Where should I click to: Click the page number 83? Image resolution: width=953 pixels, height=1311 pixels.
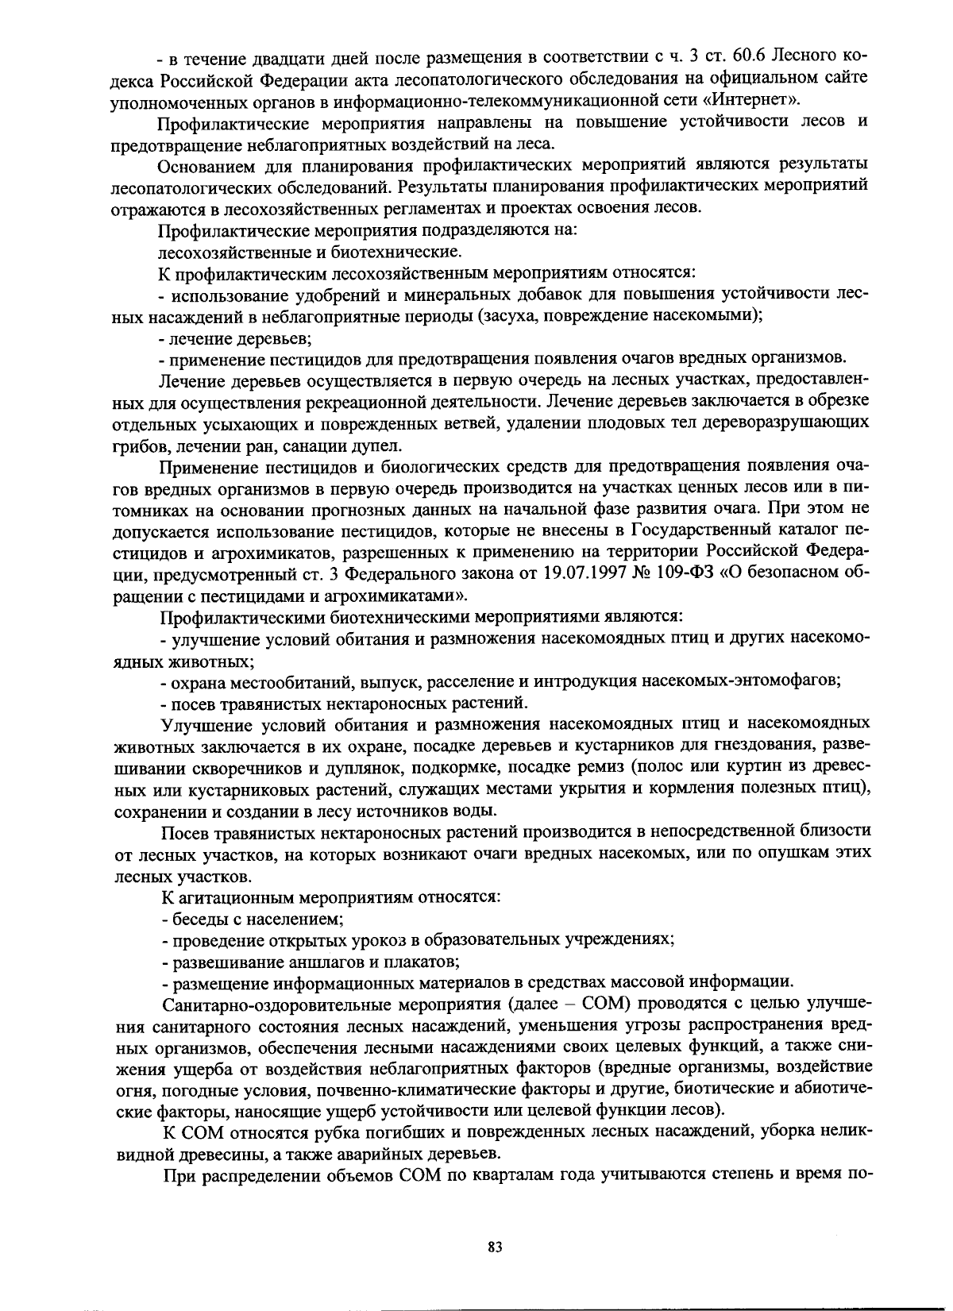pos(496,1247)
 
